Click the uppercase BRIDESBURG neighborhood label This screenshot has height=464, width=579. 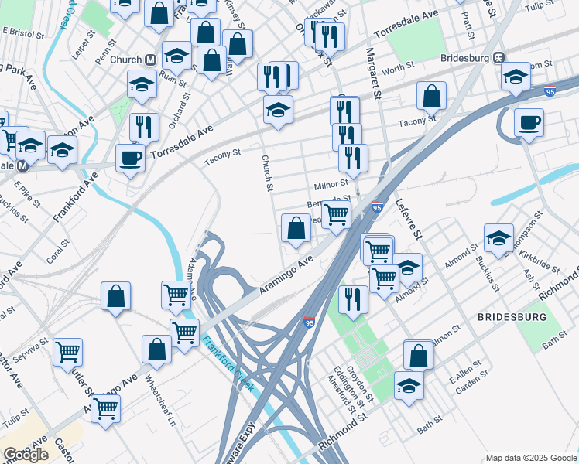tap(512, 318)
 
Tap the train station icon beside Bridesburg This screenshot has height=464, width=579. tap(500, 58)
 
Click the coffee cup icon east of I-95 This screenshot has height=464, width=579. tap(529, 122)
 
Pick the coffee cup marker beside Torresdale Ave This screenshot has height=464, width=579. tap(130, 159)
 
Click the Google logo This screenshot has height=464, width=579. tap(26, 455)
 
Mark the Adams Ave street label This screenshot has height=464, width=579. tap(193, 279)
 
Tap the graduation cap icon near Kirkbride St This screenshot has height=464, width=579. tap(498, 237)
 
